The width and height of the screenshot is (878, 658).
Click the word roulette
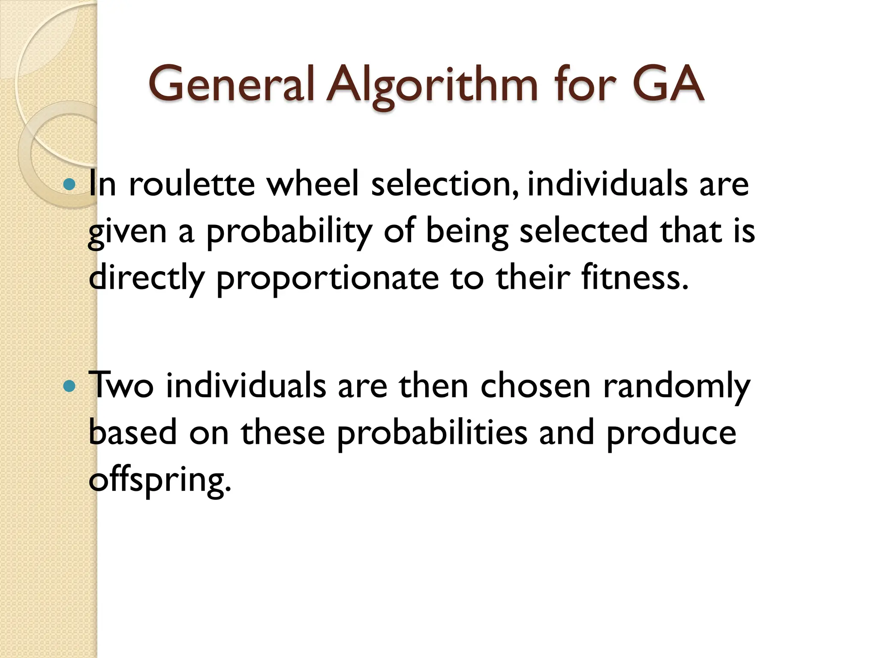tap(192, 184)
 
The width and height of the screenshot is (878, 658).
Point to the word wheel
tap(312, 184)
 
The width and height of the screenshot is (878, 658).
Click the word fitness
tap(634, 278)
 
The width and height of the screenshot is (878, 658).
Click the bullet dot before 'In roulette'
tap(69, 185)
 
